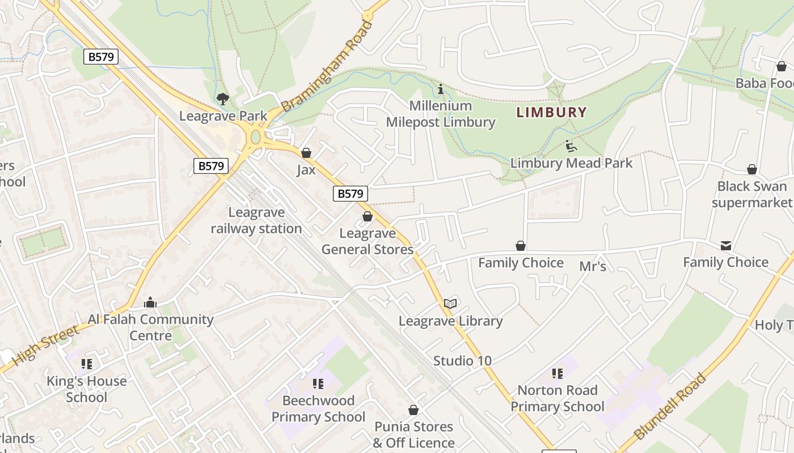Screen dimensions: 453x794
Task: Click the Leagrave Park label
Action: click(223, 116)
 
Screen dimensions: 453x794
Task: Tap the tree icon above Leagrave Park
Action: click(223, 99)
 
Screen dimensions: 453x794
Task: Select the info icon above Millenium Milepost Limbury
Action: click(441, 89)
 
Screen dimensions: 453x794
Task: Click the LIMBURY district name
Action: click(551, 112)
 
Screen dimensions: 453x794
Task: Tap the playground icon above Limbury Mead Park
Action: click(571, 146)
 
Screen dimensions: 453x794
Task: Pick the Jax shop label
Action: click(306, 169)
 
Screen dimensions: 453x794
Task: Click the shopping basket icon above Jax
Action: click(306, 153)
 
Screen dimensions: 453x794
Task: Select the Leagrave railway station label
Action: click(256, 221)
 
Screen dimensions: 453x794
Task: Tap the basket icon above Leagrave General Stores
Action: click(368, 216)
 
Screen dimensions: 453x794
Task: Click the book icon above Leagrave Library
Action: click(450, 304)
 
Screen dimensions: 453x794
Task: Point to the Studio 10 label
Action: click(462, 361)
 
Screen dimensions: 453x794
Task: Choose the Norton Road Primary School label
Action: click(558, 399)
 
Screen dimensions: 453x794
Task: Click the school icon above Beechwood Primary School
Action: click(318, 384)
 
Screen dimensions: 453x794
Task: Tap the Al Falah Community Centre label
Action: click(150, 327)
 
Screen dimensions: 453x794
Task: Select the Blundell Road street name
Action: click(670, 407)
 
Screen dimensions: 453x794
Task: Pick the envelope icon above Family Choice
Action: click(726, 246)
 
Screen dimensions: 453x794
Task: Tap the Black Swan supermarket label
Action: click(752, 194)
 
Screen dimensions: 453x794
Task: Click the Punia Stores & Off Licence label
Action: click(414, 434)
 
